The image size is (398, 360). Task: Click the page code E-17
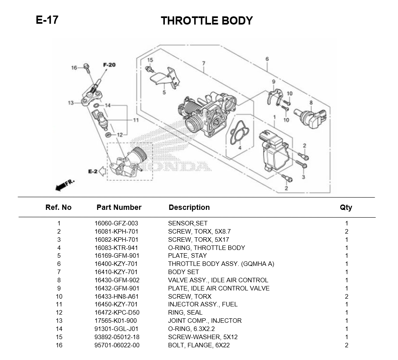coord(47,20)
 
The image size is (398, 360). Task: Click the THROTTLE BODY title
coord(207,21)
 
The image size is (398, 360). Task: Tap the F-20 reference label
coord(109,65)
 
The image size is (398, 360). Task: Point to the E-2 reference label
coord(93,171)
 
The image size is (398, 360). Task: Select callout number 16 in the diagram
coord(74,68)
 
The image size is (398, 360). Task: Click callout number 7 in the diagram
coord(203,63)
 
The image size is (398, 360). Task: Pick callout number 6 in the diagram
coord(267,59)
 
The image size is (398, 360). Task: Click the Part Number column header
coord(119,207)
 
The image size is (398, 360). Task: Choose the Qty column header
coord(346,207)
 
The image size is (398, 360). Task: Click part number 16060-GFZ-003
coord(117,223)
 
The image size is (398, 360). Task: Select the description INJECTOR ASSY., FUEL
coord(202,304)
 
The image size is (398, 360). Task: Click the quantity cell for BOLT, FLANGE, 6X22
coord(346,345)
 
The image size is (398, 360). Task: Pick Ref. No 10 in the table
coord(59,296)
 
